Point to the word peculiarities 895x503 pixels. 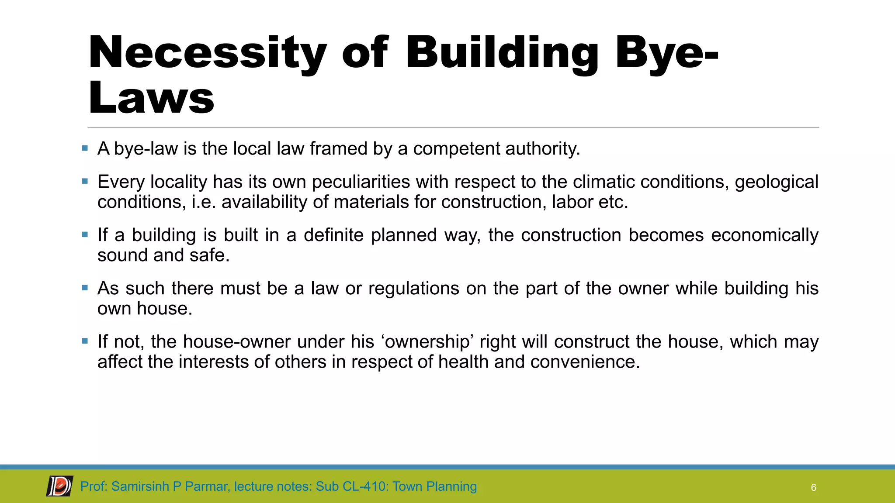[x=361, y=182]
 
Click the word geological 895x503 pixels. [x=777, y=182]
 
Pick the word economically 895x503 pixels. [x=764, y=235]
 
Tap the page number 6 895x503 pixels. [x=813, y=488]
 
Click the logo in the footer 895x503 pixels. [x=60, y=486]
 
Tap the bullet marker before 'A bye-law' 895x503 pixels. [x=85, y=148]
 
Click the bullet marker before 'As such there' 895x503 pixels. [x=85, y=288]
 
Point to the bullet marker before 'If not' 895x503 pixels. [x=85, y=341]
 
